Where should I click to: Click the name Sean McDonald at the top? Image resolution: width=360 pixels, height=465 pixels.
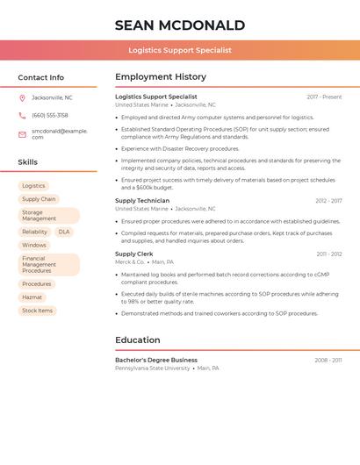tap(179, 25)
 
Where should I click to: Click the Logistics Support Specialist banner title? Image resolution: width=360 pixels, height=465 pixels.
tap(179, 50)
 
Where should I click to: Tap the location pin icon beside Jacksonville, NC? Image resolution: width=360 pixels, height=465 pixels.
tap(22, 97)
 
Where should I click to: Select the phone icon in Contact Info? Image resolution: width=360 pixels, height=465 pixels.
tap(22, 115)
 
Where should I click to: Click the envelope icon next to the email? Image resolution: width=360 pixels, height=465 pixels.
tap(22, 134)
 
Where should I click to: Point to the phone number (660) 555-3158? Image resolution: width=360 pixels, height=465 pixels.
tap(50, 115)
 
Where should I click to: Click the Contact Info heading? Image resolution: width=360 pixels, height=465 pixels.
tap(40, 77)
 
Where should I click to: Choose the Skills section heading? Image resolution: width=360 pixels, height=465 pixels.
tap(28, 162)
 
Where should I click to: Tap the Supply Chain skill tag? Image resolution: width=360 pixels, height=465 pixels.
tap(39, 199)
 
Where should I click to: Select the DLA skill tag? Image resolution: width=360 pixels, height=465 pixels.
tap(64, 232)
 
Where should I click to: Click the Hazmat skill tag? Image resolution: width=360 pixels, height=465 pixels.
tap(32, 297)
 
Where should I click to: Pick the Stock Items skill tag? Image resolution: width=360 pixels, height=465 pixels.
tap(37, 311)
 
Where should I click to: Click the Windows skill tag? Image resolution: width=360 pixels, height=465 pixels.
tap(34, 245)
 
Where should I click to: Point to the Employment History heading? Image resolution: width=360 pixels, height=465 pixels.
tap(161, 76)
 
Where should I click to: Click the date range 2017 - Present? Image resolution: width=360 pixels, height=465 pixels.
tap(324, 97)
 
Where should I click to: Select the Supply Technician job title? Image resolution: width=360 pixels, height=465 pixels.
tap(142, 201)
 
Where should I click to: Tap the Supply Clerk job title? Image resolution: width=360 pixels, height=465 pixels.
tap(133, 254)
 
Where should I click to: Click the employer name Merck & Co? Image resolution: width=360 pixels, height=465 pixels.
tap(130, 262)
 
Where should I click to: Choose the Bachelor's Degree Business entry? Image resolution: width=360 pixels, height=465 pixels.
tap(156, 360)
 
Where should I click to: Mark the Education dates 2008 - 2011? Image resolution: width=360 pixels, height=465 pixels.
tap(328, 361)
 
